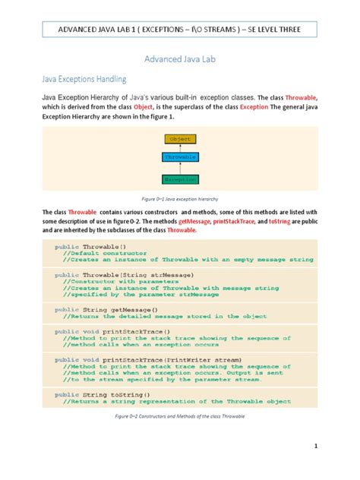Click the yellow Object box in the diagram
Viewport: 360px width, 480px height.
point(180,139)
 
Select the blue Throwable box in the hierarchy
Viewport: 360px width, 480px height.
point(180,157)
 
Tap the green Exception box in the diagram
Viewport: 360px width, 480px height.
point(180,179)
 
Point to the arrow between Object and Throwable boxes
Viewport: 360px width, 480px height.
point(180,148)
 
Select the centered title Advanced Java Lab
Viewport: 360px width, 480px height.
point(179,57)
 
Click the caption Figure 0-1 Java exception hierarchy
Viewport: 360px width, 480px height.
point(179,197)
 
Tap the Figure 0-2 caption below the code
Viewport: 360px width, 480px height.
point(179,417)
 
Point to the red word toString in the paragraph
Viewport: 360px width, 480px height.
point(298,220)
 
